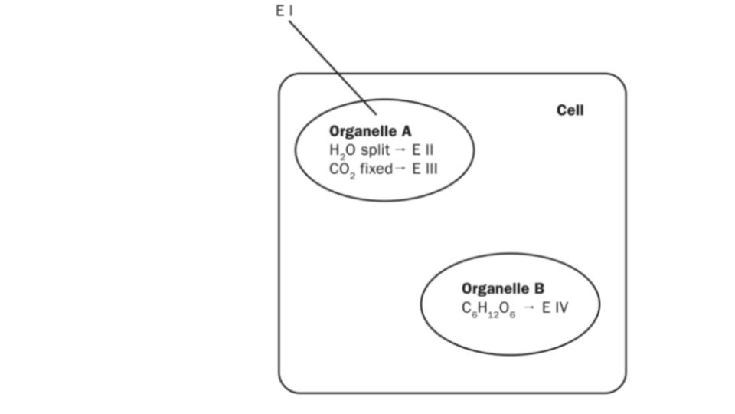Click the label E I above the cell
tap(284, 11)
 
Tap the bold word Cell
tap(570, 110)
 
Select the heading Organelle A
tap(370, 131)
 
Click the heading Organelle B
tap(502, 289)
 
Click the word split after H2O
tap(375, 149)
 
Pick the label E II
tap(423, 149)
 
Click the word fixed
tap(376, 168)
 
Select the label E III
tap(425, 168)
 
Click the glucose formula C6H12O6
tap(488, 309)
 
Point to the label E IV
tap(555, 308)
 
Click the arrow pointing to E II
tap(400, 150)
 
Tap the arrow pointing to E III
tap(401, 169)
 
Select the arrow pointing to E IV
tap(529, 308)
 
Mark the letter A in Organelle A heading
tap(406, 131)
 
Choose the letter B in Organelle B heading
tap(539, 289)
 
